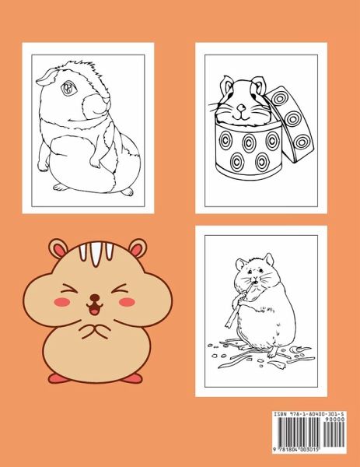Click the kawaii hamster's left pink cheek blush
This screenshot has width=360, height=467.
[62, 302]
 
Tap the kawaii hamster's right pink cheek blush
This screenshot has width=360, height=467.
[127, 302]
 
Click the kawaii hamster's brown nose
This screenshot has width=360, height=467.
[95, 297]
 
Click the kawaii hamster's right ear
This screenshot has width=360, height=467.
[138, 248]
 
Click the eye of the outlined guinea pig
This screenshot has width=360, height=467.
[68, 88]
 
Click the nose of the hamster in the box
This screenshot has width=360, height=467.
[242, 107]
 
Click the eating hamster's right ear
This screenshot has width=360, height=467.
[269, 260]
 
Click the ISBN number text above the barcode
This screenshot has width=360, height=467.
[309, 414]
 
